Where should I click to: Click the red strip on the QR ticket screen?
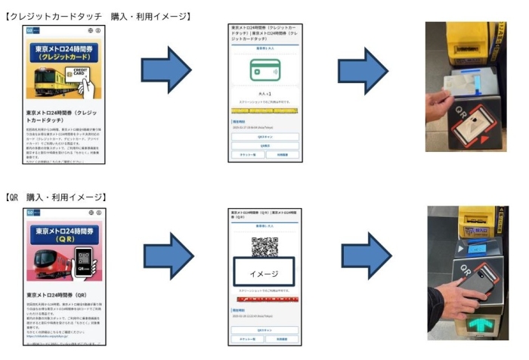tap(264, 299)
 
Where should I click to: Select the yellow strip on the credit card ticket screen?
tap(264, 111)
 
